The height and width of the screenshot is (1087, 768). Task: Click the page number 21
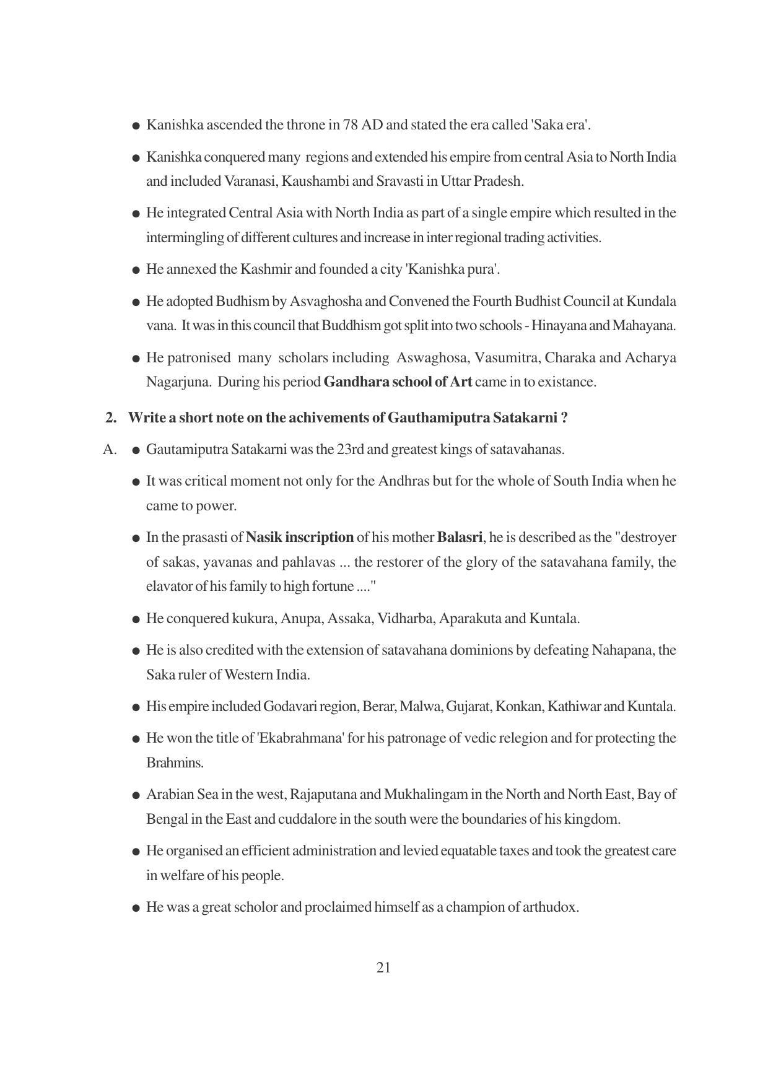383,967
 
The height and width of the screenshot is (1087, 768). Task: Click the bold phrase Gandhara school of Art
397,382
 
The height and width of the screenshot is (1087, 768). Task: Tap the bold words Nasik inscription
299,538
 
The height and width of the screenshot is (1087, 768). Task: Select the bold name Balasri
459,538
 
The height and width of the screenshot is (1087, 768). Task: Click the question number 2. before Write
111,418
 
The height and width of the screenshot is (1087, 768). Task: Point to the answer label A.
110,450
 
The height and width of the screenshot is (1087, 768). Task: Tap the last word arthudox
551,907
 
